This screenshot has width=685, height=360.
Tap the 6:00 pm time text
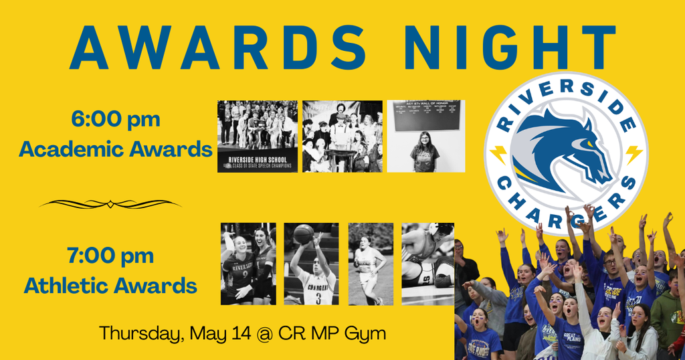(116, 120)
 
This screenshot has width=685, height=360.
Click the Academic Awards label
(116, 149)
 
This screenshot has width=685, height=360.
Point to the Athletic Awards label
(110, 286)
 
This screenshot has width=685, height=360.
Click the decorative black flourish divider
(110, 203)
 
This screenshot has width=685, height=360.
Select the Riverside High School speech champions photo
(258, 137)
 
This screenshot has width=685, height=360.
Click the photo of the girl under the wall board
(425, 137)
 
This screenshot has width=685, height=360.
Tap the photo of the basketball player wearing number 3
(311, 264)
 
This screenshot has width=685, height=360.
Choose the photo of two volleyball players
(248, 264)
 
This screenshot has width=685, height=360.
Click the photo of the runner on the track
(371, 264)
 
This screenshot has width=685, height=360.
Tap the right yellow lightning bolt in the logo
(632, 155)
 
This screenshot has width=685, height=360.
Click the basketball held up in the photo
(303, 234)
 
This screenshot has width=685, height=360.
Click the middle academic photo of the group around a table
(342, 137)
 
